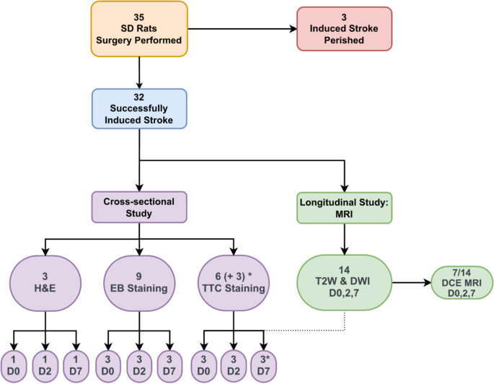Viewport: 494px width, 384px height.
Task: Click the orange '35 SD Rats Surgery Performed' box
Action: tap(139, 28)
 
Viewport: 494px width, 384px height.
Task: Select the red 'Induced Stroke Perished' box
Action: tap(345, 28)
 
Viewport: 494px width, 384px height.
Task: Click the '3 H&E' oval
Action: tap(45, 282)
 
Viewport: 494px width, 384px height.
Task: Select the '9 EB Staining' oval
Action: tap(139, 282)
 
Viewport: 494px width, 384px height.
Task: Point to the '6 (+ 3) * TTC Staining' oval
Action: tap(234, 282)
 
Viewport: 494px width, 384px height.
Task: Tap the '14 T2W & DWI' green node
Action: tap(345, 282)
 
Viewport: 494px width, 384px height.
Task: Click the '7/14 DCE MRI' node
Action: tap(461, 282)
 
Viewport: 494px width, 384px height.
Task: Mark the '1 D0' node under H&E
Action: tap(14, 365)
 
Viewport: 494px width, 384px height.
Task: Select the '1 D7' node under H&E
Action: tap(77, 365)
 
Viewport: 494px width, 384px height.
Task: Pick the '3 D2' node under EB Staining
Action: tap(139, 365)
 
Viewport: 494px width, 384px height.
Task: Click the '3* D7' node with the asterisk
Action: tap(265, 365)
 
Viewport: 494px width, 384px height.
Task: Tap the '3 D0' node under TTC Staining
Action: tap(202, 365)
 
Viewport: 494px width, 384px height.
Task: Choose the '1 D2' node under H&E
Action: tap(45, 365)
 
